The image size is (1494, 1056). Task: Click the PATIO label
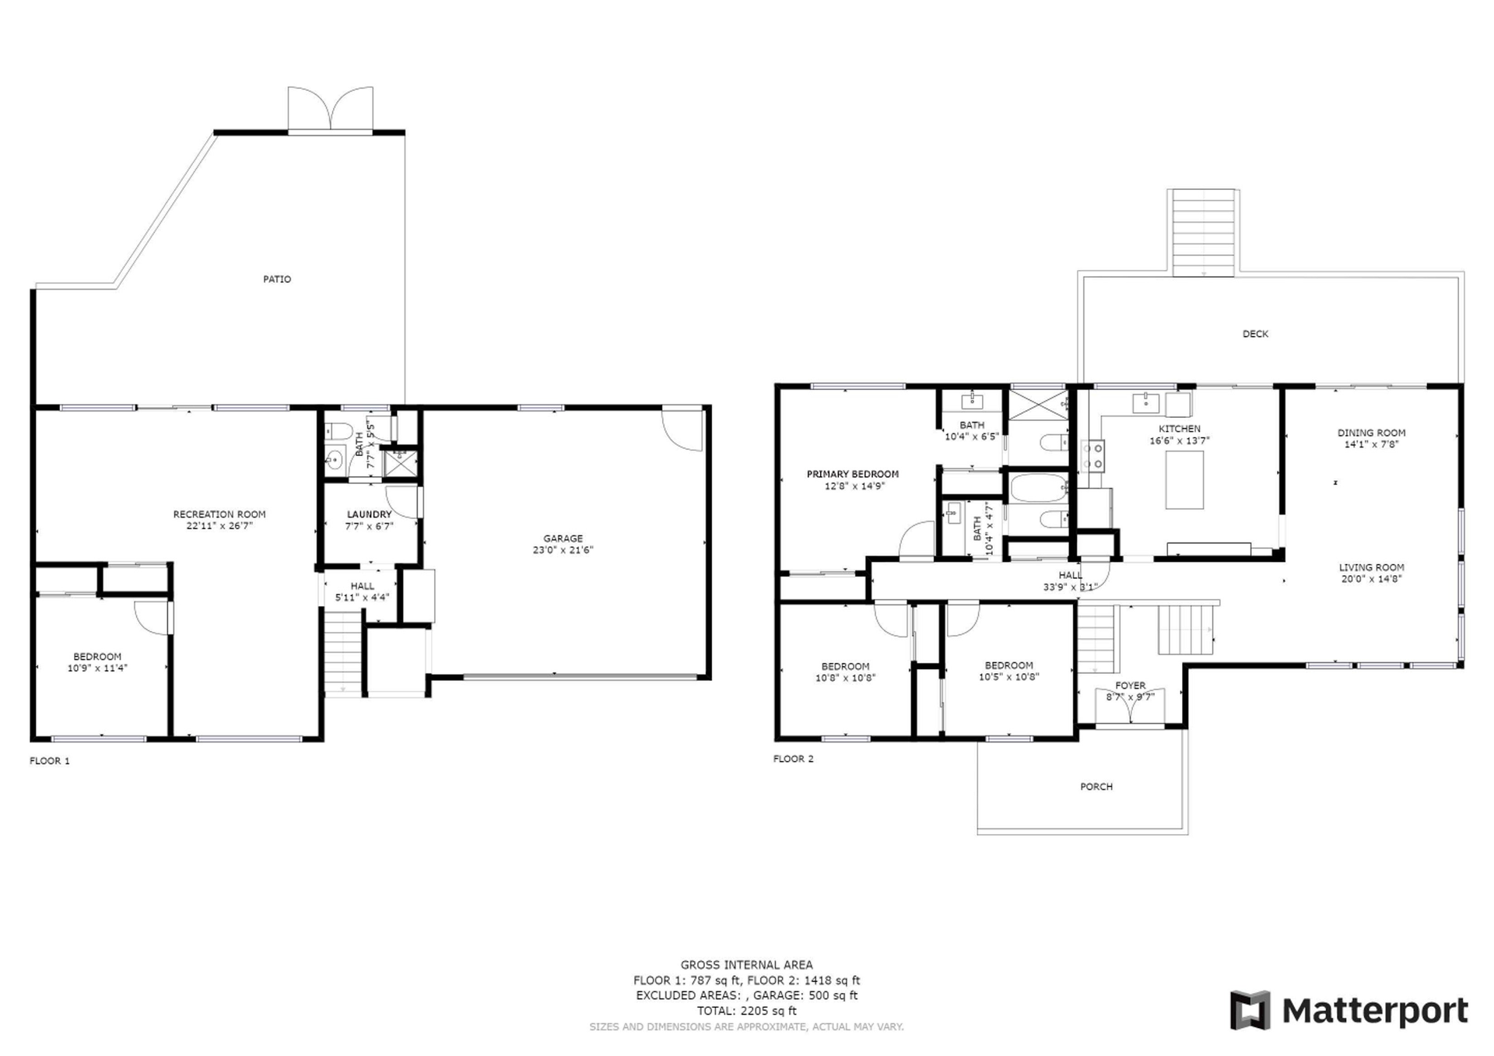(277, 279)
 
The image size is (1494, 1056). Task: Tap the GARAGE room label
(563, 539)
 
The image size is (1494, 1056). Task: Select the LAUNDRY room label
(370, 514)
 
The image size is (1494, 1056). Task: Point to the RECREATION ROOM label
(219, 514)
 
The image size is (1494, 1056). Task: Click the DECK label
(1255, 334)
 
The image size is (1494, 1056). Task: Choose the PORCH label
(1096, 787)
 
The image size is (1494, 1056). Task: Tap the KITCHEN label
(1180, 429)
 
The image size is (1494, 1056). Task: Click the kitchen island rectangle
(1184, 479)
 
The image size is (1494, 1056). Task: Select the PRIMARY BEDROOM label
(853, 474)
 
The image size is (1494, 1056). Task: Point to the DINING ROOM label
(1372, 433)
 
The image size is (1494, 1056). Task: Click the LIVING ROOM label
(1372, 567)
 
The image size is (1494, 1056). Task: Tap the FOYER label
(1131, 686)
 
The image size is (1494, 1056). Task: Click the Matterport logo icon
(1250, 1010)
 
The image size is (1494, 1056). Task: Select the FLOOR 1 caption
(50, 761)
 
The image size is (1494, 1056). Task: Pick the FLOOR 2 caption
(794, 759)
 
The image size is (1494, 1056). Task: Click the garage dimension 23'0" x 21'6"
(563, 550)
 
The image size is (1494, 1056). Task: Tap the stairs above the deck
(1204, 232)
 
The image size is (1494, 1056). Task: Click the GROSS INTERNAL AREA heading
(747, 965)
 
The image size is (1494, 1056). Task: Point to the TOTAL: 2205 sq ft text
(747, 1011)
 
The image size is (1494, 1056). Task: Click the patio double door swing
(331, 108)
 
